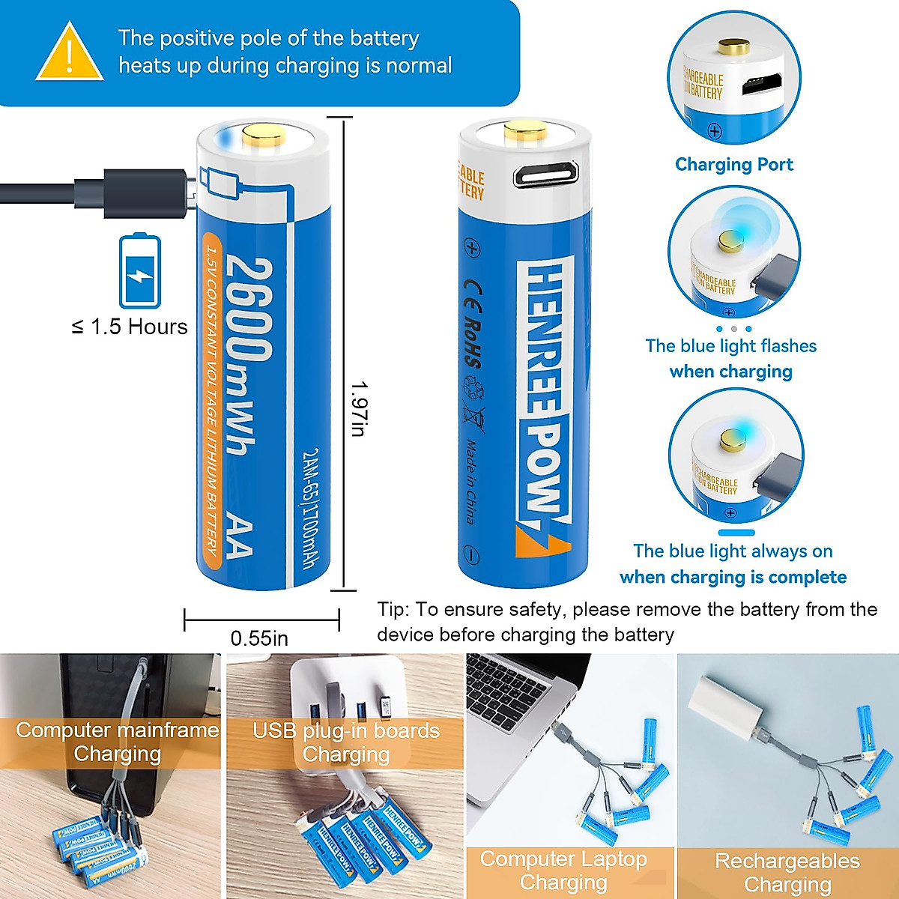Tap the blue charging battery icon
click(x=140, y=271)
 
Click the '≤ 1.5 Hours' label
click(x=130, y=327)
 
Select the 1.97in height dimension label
click(x=359, y=408)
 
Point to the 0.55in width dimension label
click(x=259, y=638)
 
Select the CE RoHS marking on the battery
click(x=473, y=322)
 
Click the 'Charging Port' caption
click(x=733, y=165)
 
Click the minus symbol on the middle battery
click(x=470, y=555)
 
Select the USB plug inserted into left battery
click(x=147, y=193)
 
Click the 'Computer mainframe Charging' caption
click(x=118, y=742)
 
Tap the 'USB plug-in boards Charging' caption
click(x=345, y=742)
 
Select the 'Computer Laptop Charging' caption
click(x=563, y=871)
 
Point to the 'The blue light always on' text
click(x=732, y=551)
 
